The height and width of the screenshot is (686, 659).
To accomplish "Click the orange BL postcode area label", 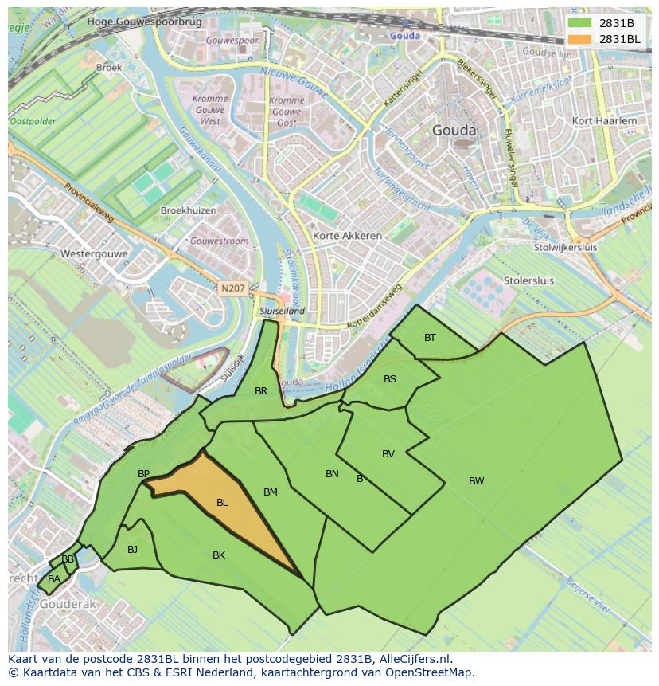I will [x=222, y=503].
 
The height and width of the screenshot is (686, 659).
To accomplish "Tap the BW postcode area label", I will [x=476, y=480].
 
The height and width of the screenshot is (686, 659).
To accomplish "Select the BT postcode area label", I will [x=430, y=338].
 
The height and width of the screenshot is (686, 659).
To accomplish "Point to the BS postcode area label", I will [x=389, y=379].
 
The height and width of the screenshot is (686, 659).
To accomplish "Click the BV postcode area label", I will [x=388, y=454].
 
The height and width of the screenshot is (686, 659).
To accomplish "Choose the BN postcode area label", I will [x=332, y=474].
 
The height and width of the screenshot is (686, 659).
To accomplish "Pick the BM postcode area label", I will [x=271, y=492].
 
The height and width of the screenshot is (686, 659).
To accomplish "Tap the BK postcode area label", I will [x=219, y=555].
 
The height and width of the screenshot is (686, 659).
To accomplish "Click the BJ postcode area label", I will [x=132, y=549].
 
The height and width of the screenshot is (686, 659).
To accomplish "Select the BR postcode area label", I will [x=261, y=391].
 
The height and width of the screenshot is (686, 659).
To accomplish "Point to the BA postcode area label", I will [x=53, y=579].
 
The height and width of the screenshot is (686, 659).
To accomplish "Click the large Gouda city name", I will [x=454, y=131].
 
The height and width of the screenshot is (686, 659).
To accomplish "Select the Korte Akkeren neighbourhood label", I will [x=347, y=236].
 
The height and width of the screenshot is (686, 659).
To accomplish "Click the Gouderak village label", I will [x=68, y=604].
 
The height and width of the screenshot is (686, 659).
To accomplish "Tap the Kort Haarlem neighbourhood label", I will [x=604, y=121].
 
